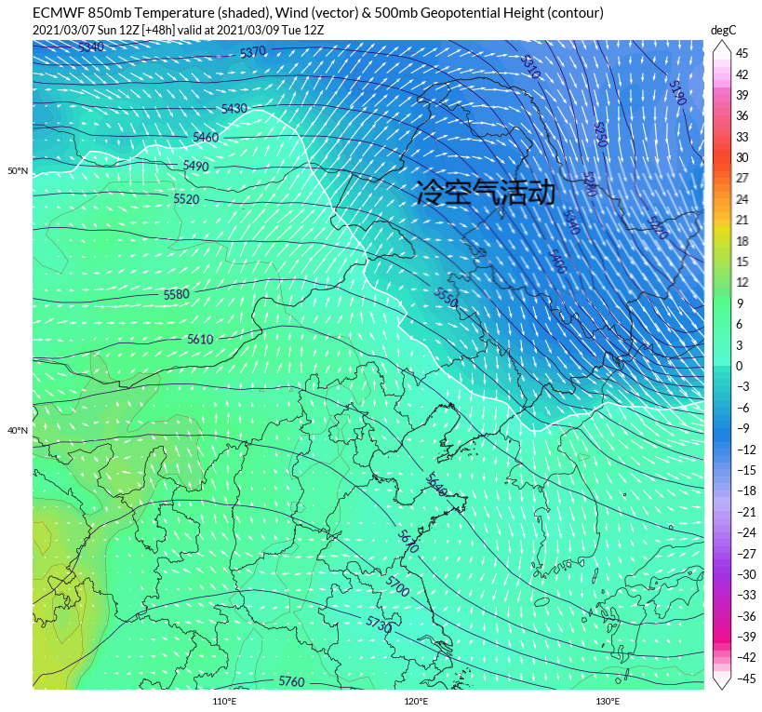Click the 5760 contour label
point(291,682)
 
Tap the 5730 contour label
point(379,625)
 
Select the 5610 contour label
point(200,340)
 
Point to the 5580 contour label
point(176,295)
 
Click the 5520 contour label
point(186,199)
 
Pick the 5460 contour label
point(205,138)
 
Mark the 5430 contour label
point(234,109)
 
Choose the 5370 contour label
point(253,52)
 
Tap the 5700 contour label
point(397,586)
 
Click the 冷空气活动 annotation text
point(486,193)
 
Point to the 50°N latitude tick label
point(18,171)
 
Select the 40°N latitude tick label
point(18,431)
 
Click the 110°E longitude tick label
point(223,702)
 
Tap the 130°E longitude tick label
point(608,702)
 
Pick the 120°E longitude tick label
point(416,702)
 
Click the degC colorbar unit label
point(724,31)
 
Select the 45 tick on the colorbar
point(742,53)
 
